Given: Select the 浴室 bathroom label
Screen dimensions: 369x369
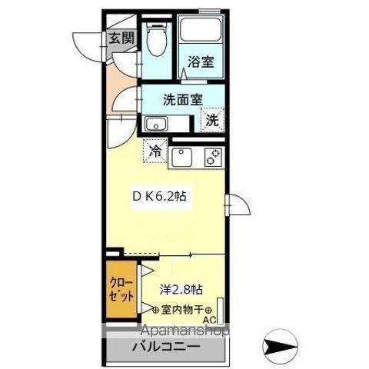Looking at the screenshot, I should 201,63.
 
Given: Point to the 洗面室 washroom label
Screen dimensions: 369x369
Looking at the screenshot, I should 182,99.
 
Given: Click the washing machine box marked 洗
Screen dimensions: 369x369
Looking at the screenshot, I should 212,119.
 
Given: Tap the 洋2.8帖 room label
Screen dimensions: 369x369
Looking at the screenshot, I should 181,289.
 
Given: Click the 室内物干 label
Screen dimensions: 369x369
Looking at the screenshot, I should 181,309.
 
